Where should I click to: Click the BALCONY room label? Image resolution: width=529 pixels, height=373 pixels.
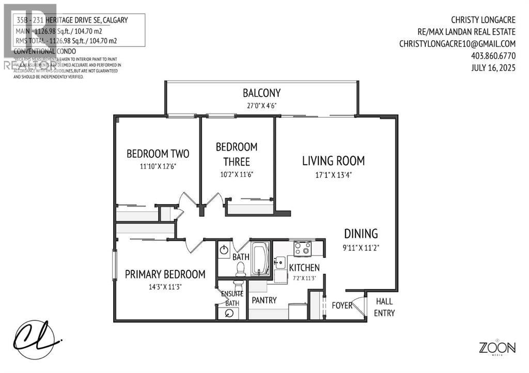[x=261, y=93]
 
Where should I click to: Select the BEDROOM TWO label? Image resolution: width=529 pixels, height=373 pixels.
[x=158, y=153]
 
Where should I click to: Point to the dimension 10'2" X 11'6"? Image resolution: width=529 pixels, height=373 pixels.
[x=237, y=174]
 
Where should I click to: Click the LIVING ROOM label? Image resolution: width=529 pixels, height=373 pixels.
[x=333, y=160]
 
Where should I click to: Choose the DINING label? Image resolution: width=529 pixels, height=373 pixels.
[x=362, y=233]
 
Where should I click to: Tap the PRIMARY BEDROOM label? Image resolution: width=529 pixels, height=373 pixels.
[x=165, y=274]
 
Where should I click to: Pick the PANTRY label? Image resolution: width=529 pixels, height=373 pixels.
[x=264, y=300]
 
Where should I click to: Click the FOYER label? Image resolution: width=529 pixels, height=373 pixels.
[x=342, y=305]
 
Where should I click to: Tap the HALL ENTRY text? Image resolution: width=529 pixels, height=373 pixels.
[x=384, y=307]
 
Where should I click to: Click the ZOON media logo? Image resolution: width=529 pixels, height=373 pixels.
[x=496, y=348]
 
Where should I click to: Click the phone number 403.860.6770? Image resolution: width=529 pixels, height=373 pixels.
[x=493, y=56]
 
